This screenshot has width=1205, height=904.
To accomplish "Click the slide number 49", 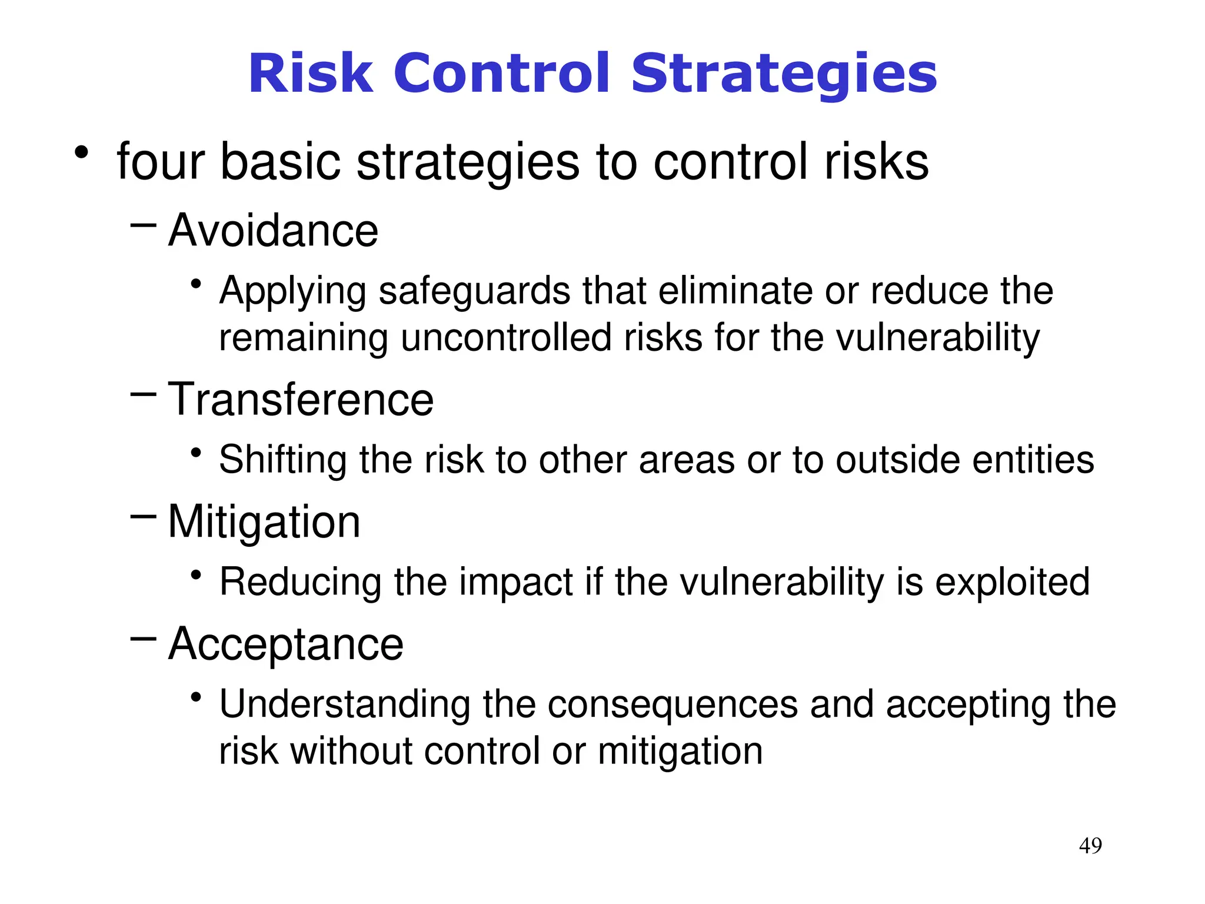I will [x=1090, y=846].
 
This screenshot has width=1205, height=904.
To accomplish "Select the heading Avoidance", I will [x=273, y=231].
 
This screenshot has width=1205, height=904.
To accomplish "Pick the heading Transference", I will [x=301, y=400].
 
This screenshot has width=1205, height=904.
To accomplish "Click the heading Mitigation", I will [x=264, y=522].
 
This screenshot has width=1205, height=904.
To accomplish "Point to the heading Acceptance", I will [x=285, y=644].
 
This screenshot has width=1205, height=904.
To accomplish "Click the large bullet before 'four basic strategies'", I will [x=81, y=154].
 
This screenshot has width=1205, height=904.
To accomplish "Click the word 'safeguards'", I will [x=474, y=291].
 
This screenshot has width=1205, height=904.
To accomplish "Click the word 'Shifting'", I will [x=282, y=460].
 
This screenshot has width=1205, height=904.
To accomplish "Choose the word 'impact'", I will [x=515, y=583].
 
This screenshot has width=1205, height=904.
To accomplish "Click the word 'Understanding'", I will [x=345, y=705].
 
